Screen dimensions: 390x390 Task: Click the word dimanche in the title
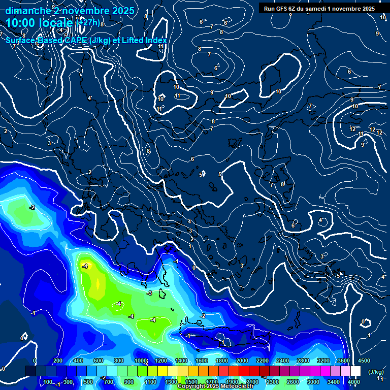pos(27,11)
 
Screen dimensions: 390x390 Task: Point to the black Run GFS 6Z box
pos(319,8)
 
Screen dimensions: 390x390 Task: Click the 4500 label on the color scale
pos(364,361)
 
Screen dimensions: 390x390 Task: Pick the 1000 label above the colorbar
pos(141,361)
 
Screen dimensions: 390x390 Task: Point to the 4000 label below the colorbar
pos(354,382)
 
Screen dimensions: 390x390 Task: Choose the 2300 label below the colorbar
pos(273,382)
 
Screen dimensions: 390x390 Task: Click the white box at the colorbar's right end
pos(355,371)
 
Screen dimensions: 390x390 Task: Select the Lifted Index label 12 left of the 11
pos(352,129)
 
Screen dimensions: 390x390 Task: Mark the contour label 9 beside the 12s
pos(363,145)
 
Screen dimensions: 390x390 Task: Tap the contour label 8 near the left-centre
pos(148,151)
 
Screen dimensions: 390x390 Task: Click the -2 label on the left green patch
pos(32,207)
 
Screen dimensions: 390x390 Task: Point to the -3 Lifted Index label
pos(149,294)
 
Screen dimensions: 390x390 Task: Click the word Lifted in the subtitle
pos(134,40)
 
